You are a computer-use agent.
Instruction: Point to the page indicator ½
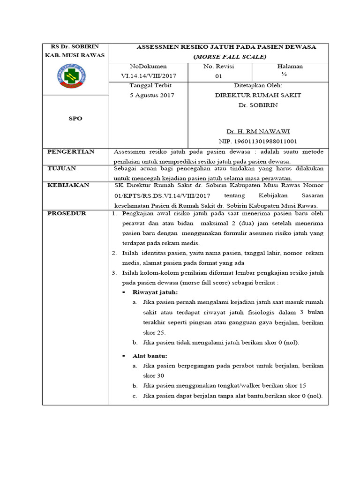coord(284,74)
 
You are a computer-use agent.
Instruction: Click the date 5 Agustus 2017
coord(151,95)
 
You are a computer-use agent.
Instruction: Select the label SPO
coord(75,119)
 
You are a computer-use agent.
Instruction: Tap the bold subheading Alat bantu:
coord(150,356)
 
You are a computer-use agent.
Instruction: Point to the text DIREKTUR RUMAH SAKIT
coord(257,95)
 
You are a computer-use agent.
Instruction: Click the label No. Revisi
coord(218,67)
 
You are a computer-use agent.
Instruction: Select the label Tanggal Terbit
coord(150,86)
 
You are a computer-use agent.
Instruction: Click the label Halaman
coord(290,67)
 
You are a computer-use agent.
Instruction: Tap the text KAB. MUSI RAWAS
coord(75,55)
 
